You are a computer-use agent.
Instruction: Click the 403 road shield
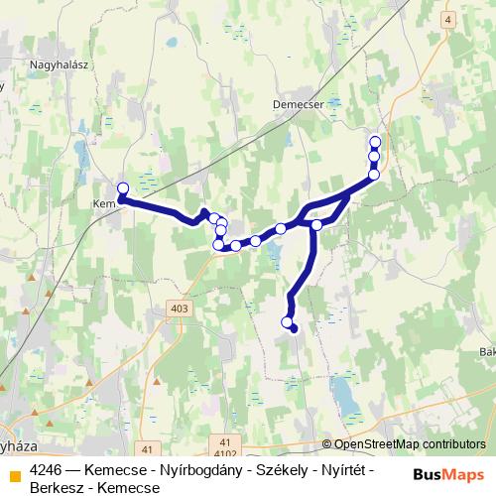180,310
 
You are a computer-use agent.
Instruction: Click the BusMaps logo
448,475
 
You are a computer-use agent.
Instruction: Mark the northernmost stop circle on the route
375,142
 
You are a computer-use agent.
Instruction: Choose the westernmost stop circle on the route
123,188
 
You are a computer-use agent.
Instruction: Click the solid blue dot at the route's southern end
293,327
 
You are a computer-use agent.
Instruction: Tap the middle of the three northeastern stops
374,157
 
